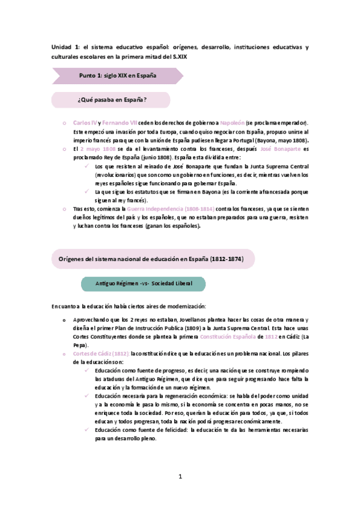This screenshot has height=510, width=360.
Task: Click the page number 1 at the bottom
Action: tap(180, 477)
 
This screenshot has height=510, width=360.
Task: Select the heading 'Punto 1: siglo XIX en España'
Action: tap(118, 76)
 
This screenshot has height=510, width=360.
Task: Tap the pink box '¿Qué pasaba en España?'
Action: tap(112, 99)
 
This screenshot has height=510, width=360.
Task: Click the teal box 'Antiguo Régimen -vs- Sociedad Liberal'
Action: tap(142, 283)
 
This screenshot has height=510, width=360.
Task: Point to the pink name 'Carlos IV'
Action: tap(84, 123)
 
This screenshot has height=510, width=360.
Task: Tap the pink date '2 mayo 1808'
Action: tap(98, 149)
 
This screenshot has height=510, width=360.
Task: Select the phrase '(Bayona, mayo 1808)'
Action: tap(276, 140)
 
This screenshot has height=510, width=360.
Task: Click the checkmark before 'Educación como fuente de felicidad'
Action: tap(88, 431)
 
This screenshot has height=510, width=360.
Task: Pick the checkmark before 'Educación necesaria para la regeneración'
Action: tap(88, 396)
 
